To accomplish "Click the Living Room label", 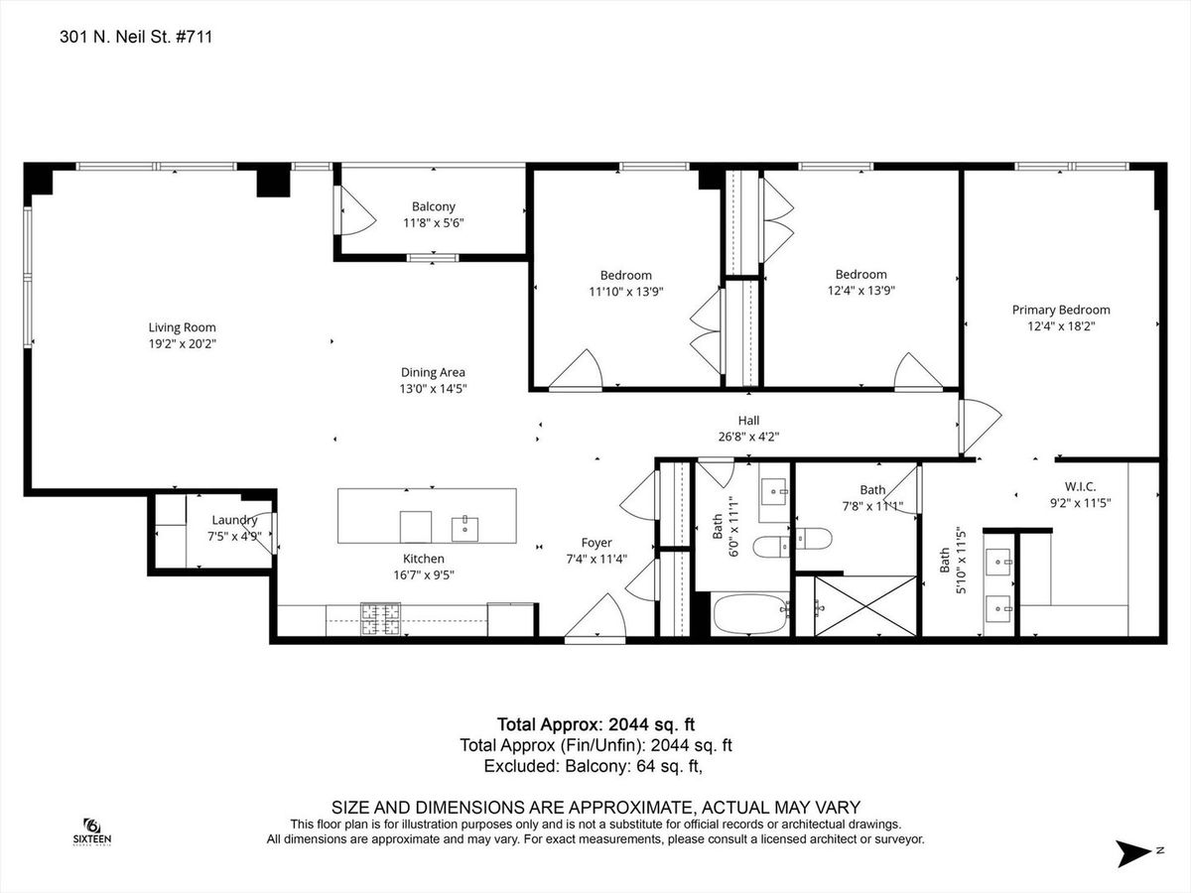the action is click(182, 327).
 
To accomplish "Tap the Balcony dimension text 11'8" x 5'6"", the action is click(433, 223).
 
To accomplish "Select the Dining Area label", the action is click(433, 372).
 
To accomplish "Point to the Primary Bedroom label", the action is click(1061, 311).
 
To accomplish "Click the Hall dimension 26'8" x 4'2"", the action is click(748, 437).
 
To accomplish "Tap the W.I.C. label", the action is click(1080, 486).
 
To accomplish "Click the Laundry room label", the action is click(234, 521).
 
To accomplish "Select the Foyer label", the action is click(596, 543).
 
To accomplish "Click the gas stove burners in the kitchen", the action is click(381, 618).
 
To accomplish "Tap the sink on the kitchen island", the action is click(465, 529).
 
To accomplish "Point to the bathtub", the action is click(750, 613).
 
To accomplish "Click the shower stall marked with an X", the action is click(864, 605).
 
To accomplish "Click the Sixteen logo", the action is click(91, 832).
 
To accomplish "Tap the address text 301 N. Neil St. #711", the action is click(136, 37).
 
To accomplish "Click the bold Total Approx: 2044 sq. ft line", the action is click(595, 724).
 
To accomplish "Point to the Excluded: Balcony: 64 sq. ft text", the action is click(594, 766).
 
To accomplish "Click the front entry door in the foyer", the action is click(595, 618).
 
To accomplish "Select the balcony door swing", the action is click(355, 210).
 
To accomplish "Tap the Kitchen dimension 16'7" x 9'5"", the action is click(424, 574).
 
